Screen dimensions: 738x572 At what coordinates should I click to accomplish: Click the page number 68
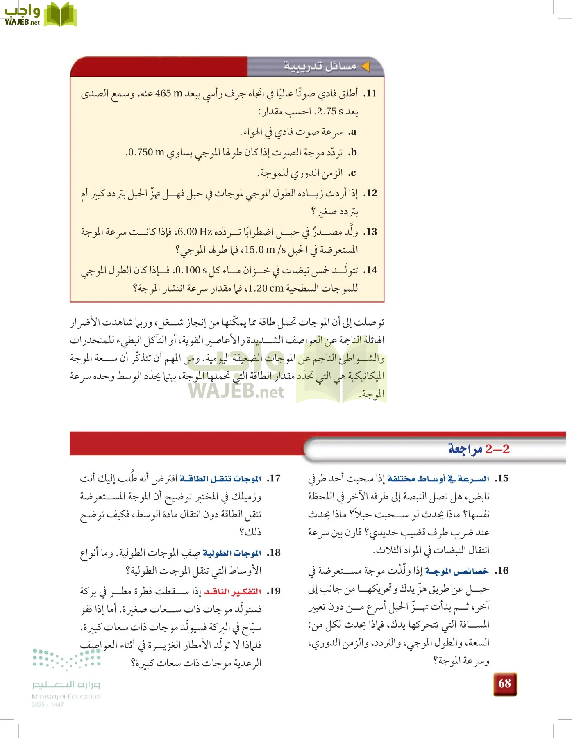pos(505,683)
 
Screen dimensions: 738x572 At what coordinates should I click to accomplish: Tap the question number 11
pos(370,93)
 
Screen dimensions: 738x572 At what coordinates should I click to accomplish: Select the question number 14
pos(370,270)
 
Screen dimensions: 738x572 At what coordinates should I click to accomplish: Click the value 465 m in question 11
pos(169,93)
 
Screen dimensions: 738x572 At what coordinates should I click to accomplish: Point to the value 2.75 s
pos(330,111)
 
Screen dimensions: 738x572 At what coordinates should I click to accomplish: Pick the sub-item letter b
pos(353,153)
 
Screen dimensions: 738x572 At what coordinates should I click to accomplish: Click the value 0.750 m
pos(146,153)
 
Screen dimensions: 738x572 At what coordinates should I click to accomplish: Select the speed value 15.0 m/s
pos(266,249)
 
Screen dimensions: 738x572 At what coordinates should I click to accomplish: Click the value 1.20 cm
pos(266,288)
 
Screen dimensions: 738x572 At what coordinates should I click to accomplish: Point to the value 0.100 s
pos(191,270)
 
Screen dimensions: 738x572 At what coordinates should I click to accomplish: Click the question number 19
pos(274,591)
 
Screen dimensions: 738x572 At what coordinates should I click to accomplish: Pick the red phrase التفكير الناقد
pos(233,591)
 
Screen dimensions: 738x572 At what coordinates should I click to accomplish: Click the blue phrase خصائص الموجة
pos(457,571)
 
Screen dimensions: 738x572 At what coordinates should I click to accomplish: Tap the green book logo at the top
pos(60,15)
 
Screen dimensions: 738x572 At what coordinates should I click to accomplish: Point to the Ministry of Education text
pos(66,696)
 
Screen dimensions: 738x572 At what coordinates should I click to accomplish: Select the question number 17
pos(274,478)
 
